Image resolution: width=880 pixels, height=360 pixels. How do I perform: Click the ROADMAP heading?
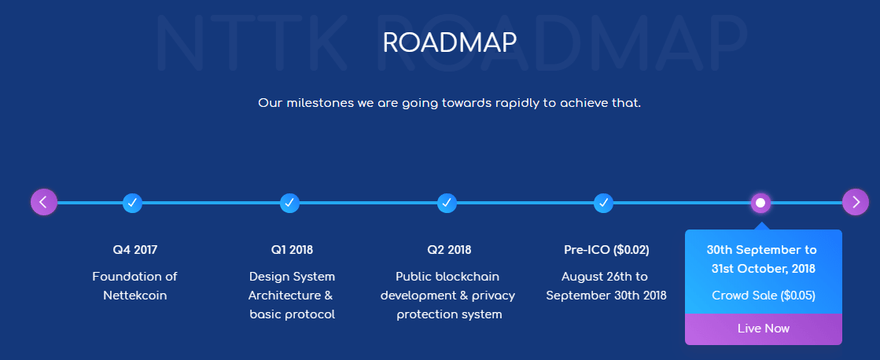pos(450,42)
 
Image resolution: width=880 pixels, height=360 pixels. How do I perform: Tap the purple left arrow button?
pos(44,202)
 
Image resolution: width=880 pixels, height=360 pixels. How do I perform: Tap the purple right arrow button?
pos(856,202)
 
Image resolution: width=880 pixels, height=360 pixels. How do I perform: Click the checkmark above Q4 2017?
pos(132,203)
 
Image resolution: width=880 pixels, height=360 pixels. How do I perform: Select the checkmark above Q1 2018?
pos(289,203)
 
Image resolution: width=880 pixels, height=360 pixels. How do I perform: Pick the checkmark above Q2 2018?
pos(447,203)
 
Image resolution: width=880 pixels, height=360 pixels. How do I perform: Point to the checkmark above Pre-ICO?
pos(603,203)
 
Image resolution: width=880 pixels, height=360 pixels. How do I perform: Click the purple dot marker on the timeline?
pos(760,203)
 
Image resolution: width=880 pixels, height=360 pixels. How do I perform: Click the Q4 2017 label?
pos(134,250)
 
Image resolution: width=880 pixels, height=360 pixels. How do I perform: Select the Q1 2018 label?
pos(292,250)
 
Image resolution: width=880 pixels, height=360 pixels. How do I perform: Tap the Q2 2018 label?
pos(449,250)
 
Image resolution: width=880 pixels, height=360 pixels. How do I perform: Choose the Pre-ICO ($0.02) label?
pos(606,250)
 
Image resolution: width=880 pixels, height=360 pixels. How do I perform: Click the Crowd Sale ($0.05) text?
pos(764,296)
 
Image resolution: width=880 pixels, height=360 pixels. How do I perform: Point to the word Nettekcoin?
pos(134,296)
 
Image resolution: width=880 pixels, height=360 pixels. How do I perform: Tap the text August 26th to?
pos(605,277)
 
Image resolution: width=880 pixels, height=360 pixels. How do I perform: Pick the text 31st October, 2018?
pos(764,269)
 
